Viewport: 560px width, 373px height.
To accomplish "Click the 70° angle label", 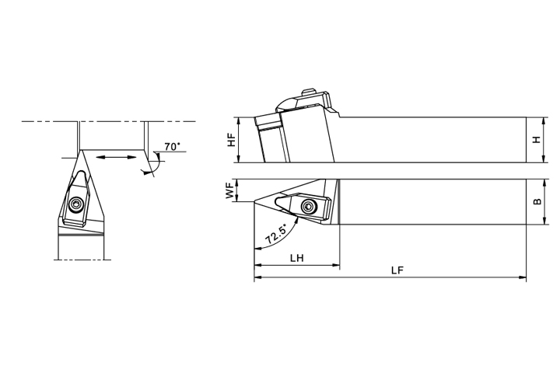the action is pos(172,147).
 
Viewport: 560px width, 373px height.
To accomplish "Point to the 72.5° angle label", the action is pos(276,235).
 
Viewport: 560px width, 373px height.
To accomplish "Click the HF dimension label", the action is pos(232,140).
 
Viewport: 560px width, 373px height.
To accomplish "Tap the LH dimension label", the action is pos(297,258).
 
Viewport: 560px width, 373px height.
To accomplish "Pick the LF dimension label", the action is pos(397,270).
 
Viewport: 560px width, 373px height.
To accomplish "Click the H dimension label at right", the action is pos(537,140).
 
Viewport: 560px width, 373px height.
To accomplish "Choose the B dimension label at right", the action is pos(537,202).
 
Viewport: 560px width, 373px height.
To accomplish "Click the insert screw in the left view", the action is pos(75,204).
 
